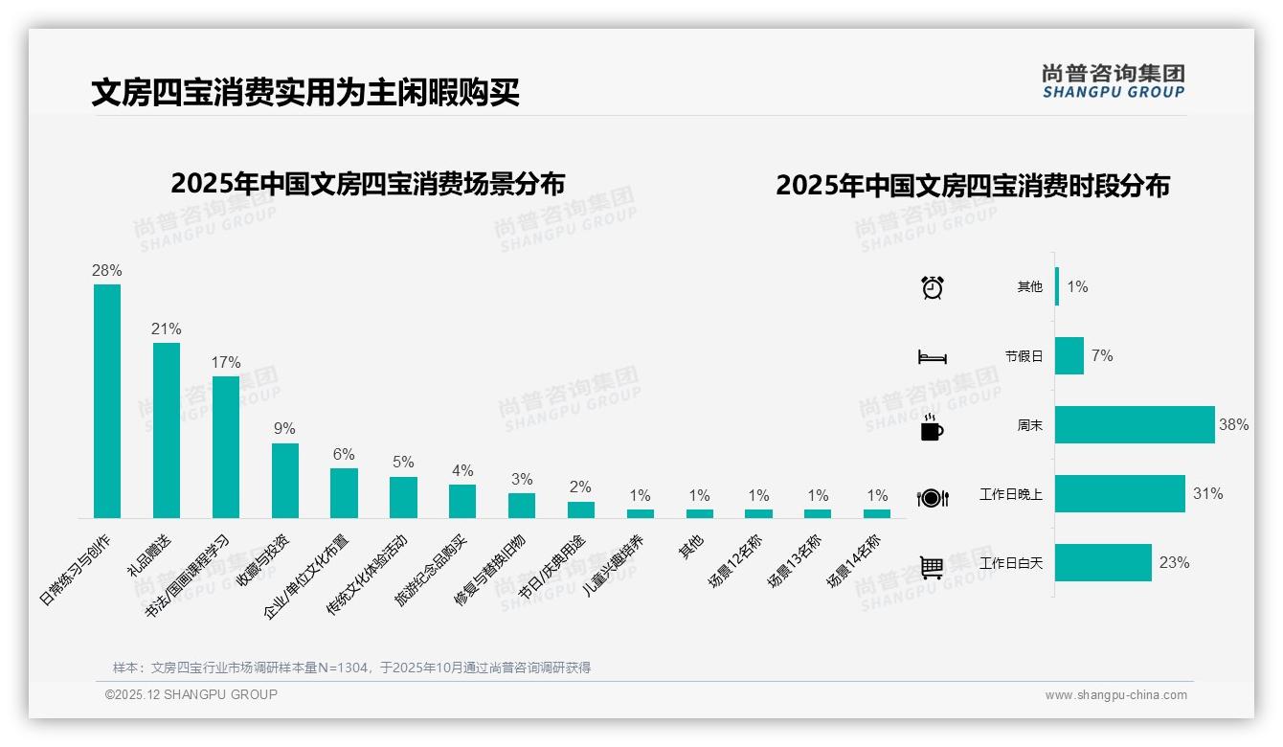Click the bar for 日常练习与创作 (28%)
point(107,400)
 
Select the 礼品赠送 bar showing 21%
point(167,430)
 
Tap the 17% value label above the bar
point(226,362)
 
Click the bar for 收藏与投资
point(285,480)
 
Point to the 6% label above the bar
point(344,454)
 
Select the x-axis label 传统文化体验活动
point(368,575)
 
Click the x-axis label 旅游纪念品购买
point(432,571)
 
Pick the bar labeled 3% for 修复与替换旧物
point(522,505)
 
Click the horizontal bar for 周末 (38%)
point(1135,424)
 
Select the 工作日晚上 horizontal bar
point(1119,494)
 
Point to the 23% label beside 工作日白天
point(1174,563)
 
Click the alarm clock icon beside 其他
point(933,287)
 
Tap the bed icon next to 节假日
point(933,357)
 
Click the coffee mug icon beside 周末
point(932,427)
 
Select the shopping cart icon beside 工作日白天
point(932,567)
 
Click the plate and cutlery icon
point(933,497)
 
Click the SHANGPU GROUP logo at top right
point(1113,81)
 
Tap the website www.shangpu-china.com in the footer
point(1115,695)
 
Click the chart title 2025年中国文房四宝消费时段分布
point(973,186)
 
